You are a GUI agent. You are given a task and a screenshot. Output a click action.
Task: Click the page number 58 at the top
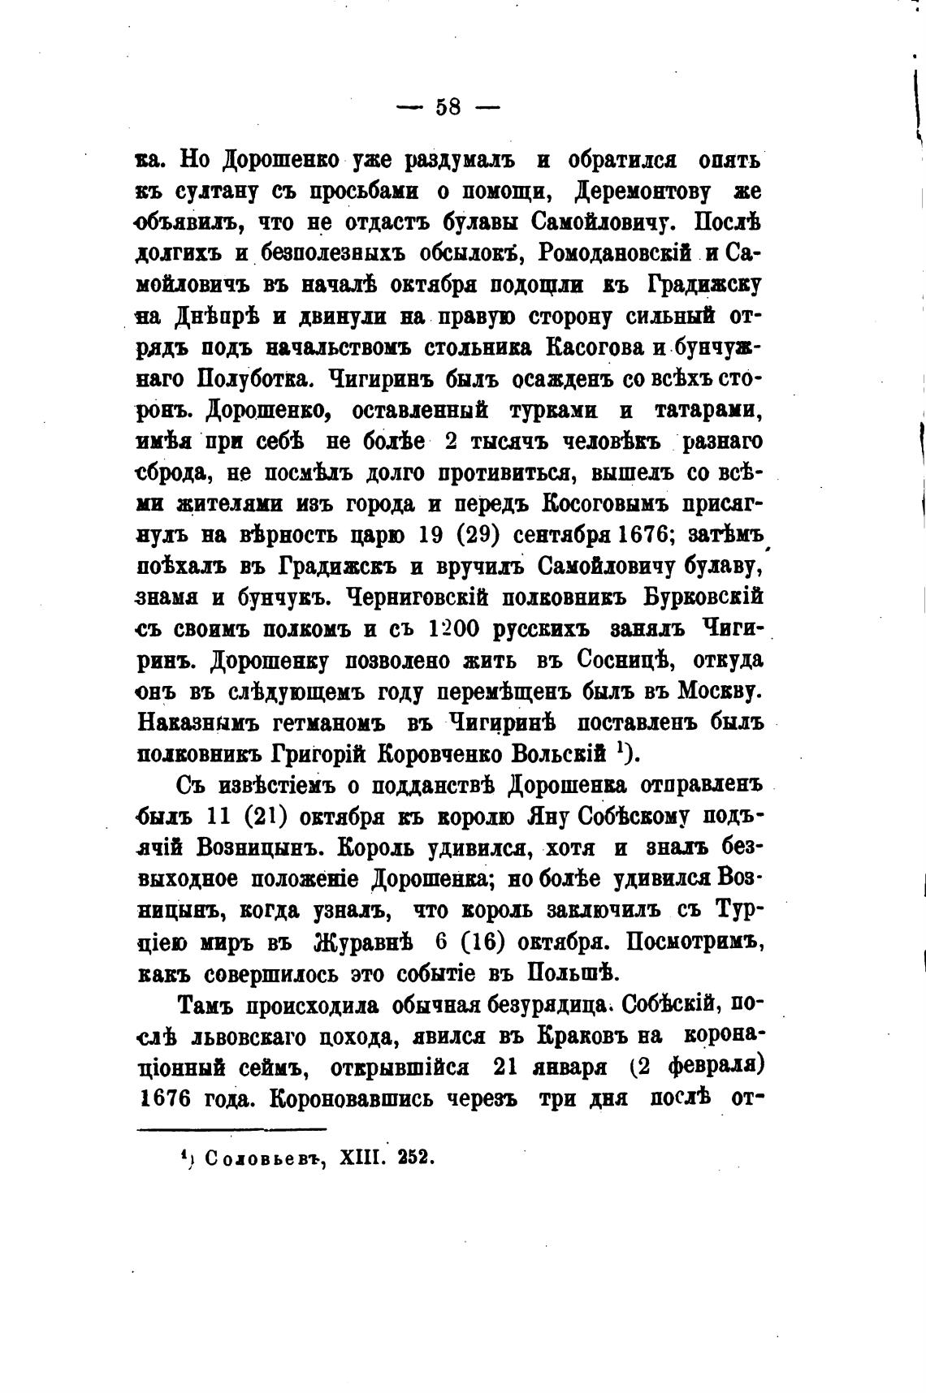[x=448, y=107]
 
